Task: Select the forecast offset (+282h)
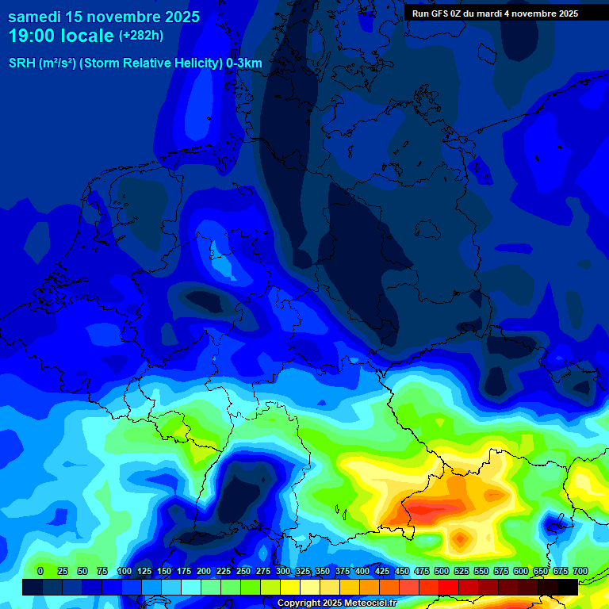pyautogui.click(x=141, y=36)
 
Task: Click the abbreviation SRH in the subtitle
pyautogui.click(x=22, y=63)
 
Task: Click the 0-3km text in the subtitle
pyautogui.click(x=244, y=63)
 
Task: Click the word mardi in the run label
pyautogui.click(x=488, y=13)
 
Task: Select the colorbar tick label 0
pyautogui.click(x=40, y=571)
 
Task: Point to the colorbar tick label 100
pyautogui.click(x=124, y=571)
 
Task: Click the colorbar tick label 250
pyautogui.click(x=243, y=571)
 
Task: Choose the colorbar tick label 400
pyautogui.click(x=362, y=571)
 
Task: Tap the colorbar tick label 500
pyautogui.click(x=442, y=571)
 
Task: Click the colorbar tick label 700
pyautogui.click(x=580, y=571)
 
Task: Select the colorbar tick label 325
pyautogui.click(x=303, y=571)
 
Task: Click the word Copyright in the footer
pyautogui.click(x=299, y=603)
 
